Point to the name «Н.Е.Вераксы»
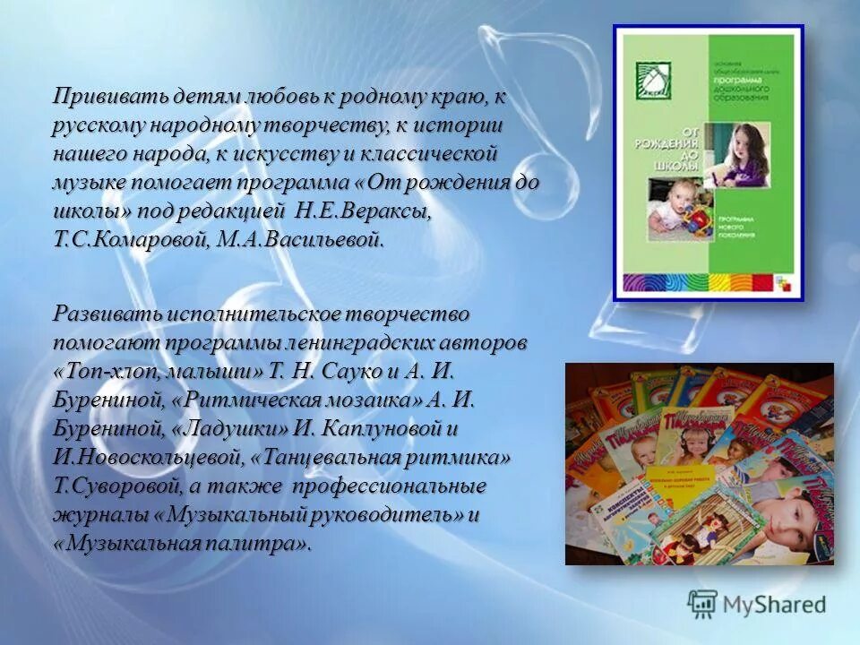coord(363,212)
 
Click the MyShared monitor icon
coord(703,603)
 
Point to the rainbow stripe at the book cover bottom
coord(708,281)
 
